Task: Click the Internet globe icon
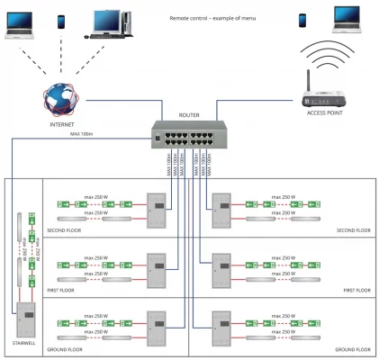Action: click(59, 96)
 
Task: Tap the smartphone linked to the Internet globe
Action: click(61, 21)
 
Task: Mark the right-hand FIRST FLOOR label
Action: click(356, 291)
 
